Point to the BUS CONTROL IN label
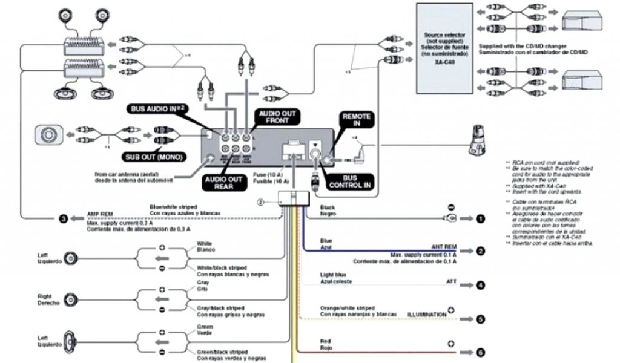pos(351,181)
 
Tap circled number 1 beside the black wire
pos(480,219)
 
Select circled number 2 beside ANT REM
pos(480,250)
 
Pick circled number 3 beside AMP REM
pos(62,219)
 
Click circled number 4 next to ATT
pos(480,285)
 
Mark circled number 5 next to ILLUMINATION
pos(480,319)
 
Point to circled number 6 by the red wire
pos(480,352)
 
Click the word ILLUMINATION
pos(426,315)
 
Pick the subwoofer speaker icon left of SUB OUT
pos(48,134)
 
